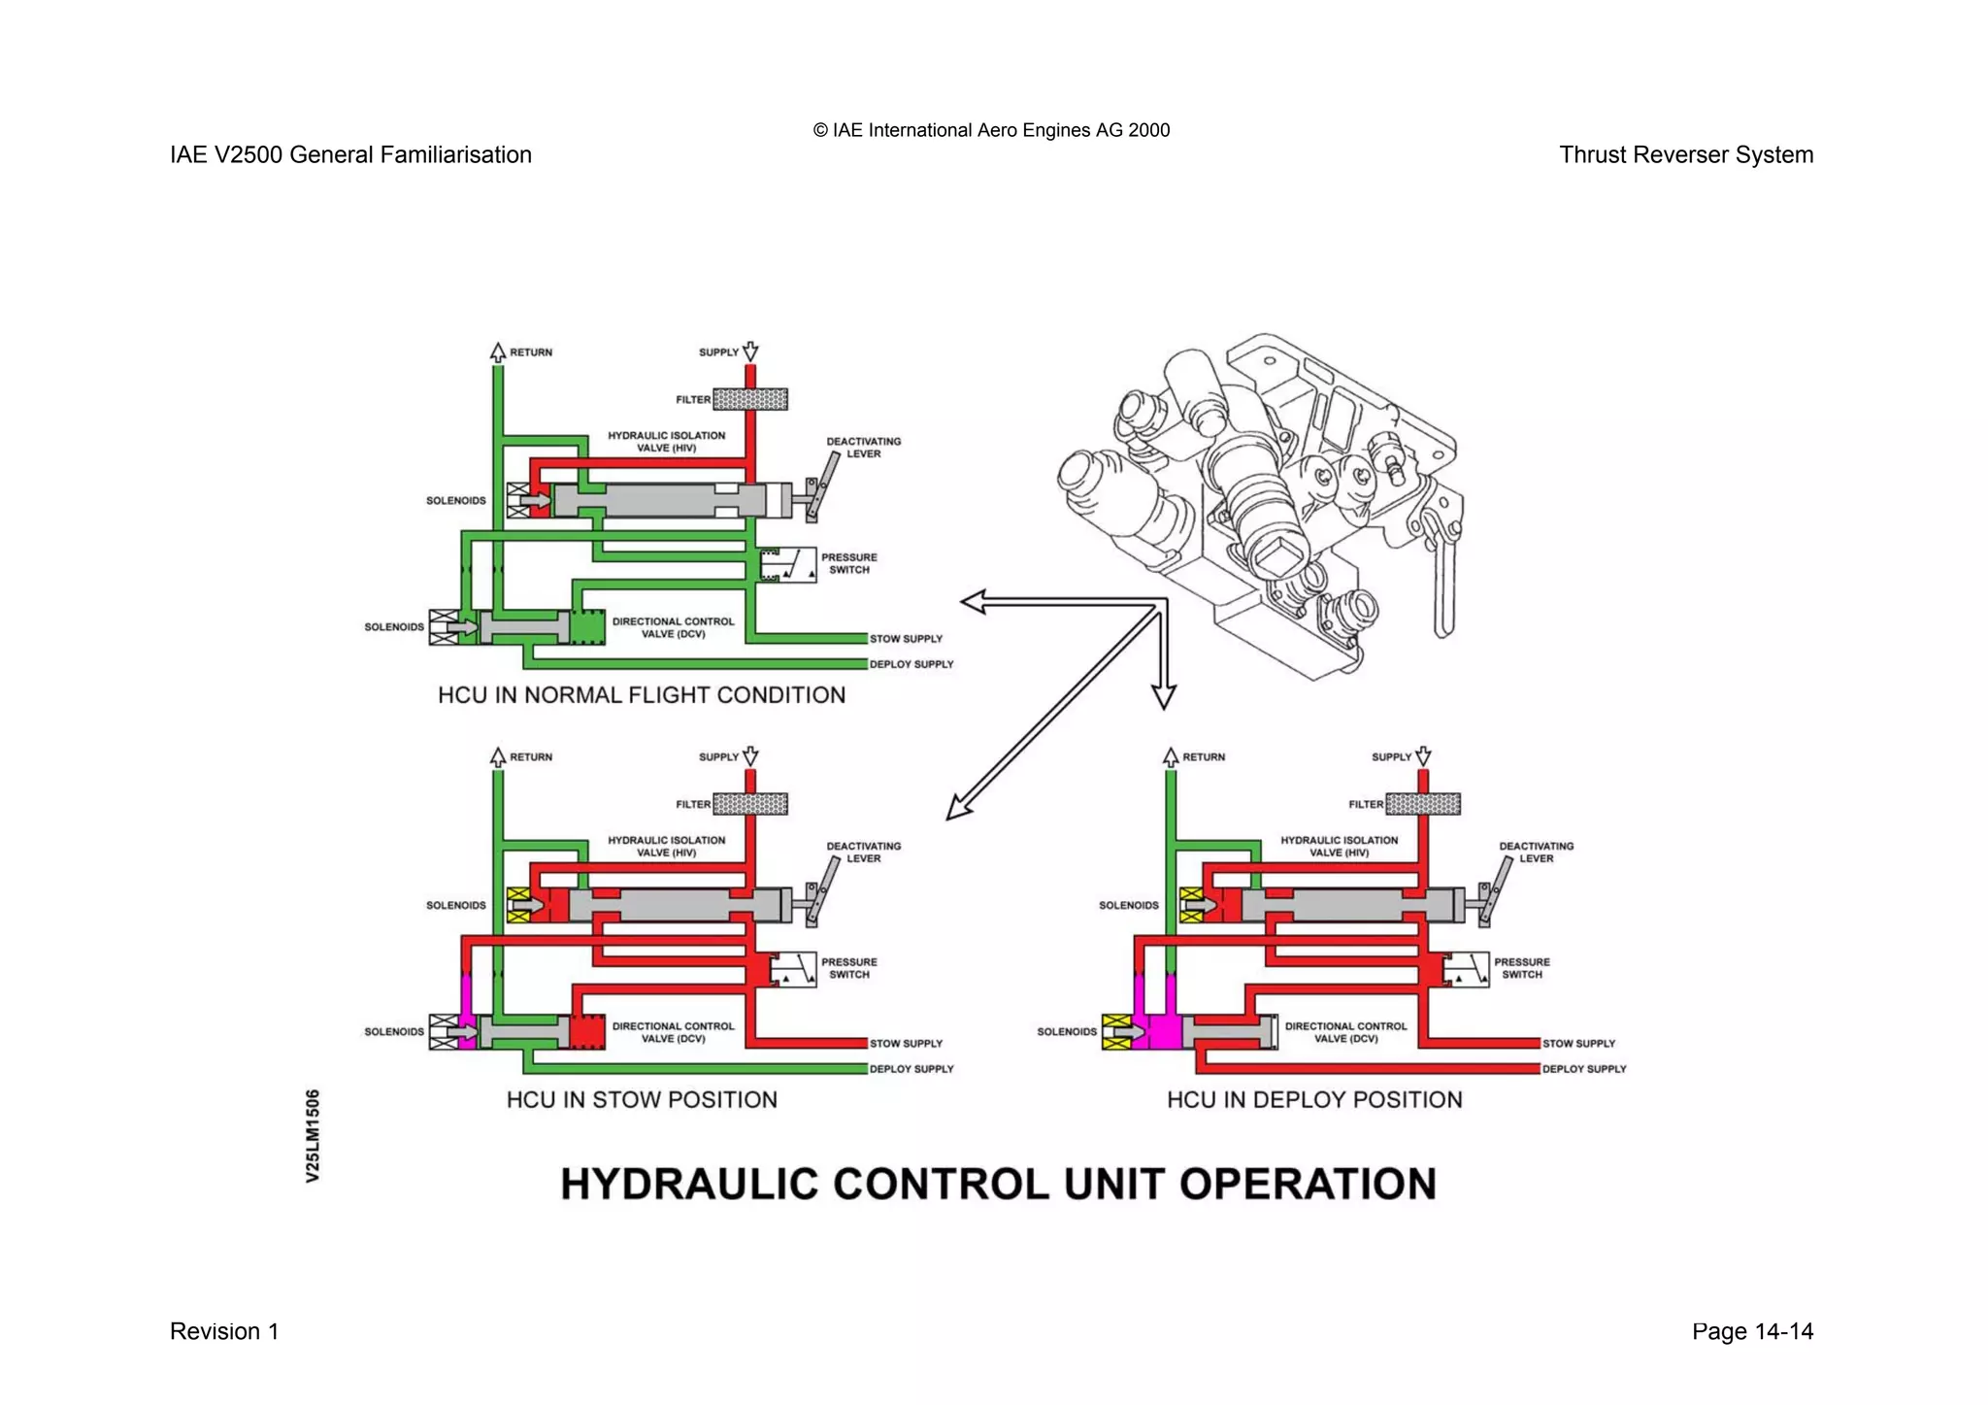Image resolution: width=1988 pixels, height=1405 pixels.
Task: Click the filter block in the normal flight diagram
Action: [x=750, y=399]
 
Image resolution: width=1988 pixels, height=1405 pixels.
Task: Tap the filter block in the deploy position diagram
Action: [x=1423, y=804]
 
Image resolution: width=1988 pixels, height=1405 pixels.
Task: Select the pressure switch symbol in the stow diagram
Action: [x=794, y=969]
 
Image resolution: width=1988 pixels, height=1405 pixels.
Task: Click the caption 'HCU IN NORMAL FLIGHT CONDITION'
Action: [x=642, y=695]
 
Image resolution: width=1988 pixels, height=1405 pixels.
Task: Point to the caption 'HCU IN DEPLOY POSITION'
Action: [x=1314, y=1100]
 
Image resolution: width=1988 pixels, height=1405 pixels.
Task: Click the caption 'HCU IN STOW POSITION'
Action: [x=642, y=1100]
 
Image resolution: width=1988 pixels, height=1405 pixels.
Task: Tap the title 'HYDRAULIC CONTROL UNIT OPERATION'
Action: [x=998, y=1185]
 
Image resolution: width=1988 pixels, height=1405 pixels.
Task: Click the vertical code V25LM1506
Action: [x=313, y=1135]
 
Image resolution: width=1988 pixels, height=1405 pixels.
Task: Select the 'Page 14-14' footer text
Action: [x=1752, y=1331]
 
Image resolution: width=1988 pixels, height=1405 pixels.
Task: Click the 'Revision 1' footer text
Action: [x=224, y=1331]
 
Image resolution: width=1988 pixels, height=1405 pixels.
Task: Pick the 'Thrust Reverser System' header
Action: [x=1686, y=154]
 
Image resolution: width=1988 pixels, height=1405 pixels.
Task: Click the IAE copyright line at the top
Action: [x=991, y=130]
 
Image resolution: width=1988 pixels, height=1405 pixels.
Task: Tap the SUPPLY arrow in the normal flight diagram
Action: [x=749, y=351]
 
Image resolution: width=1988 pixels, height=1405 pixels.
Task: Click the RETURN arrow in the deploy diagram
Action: [x=1171, y=756]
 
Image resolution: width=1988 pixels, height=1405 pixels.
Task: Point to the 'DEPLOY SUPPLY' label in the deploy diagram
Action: [x=1584, y=1069]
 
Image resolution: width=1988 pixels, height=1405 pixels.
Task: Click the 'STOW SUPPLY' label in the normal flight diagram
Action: [x=906, y=639]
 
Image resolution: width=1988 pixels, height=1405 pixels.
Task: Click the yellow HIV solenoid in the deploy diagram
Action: [x=1191, y=905]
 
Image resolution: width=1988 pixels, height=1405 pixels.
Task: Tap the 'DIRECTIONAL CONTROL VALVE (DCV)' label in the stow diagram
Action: [x=673, y=1032]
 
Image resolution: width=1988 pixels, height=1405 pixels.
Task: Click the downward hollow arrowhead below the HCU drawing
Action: [x=1164, y=695]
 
